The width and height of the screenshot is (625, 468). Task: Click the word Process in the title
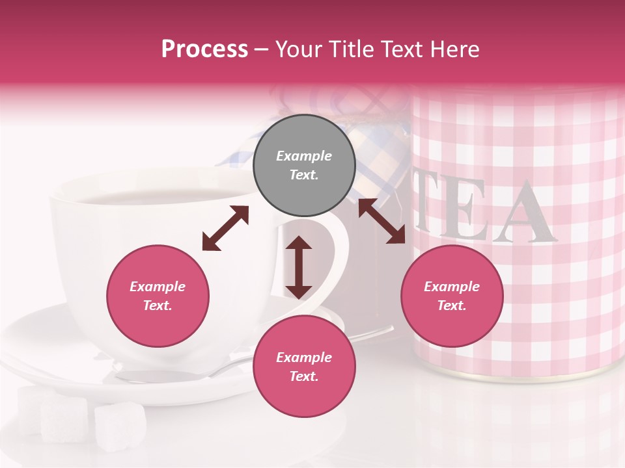tap(204, 49)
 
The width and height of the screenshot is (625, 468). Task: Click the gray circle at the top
tap(304, 166)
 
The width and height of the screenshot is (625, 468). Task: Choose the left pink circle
tap(158, 296)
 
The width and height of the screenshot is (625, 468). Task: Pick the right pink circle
tap(452, 296)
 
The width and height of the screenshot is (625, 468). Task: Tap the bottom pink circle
tap(304, 367)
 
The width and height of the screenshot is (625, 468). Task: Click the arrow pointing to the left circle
tap(225, 228)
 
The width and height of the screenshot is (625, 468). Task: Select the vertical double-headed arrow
tap(299, 267)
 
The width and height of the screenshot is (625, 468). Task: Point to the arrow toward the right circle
tap(381, 221)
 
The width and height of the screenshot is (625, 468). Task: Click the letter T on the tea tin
tap(426, 208)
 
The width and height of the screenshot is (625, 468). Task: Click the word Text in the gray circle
tap(303, 175)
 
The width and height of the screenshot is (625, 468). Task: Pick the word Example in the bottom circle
tap(304, 357)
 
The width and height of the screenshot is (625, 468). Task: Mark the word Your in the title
tap(298, 49)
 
